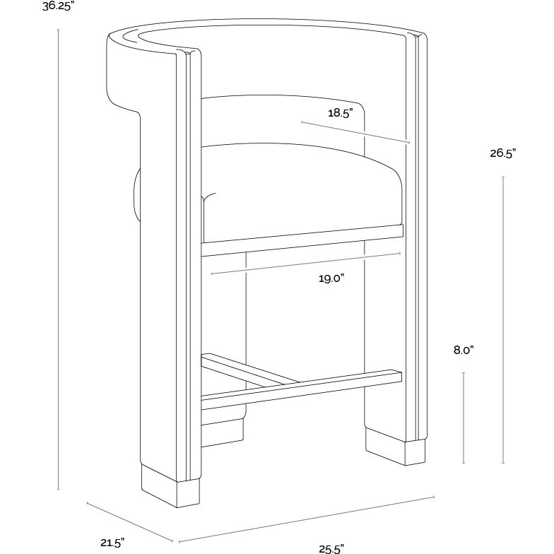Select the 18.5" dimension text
coord(340,112)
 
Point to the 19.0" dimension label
coord(330,278)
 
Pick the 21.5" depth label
coord(112,543)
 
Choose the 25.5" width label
coord(330,548)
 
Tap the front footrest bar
coord(304,385)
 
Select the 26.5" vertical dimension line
coord(502,318)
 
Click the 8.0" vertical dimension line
coord(463,417)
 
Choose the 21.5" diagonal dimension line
coord(129,523)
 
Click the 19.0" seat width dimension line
coord(305,262)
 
